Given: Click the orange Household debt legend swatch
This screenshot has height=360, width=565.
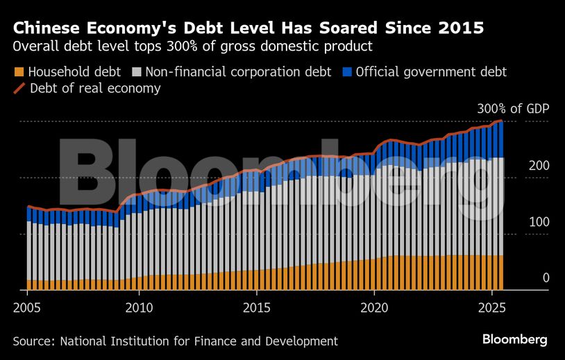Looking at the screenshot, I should point(19,72).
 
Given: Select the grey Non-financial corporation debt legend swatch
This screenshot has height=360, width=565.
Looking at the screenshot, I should point(136,72).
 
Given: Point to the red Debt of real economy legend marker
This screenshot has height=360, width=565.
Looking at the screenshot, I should point(19,89).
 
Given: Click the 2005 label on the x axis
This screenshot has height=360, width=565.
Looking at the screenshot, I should point(26,306).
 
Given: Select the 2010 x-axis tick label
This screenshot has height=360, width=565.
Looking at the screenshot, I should point(138,306).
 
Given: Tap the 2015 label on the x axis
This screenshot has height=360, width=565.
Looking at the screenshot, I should point(256,306).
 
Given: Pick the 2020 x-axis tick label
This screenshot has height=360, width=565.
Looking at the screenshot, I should point(374,306).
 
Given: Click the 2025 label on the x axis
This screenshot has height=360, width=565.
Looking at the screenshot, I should point(491,306).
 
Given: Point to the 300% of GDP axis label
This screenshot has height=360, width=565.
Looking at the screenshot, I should point(512,110).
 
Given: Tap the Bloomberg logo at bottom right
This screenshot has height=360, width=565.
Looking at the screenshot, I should point(515,339).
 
